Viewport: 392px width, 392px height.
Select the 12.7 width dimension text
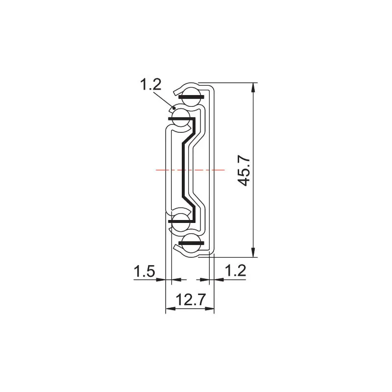[190, 299]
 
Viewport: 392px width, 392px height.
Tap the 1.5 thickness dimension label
[144, 270]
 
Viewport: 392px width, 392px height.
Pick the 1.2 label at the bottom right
[236, 270]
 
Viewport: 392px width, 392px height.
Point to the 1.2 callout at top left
[150, 85]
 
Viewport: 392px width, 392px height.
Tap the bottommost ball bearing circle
[191, 245]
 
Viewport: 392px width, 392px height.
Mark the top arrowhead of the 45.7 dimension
[253, 87]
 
